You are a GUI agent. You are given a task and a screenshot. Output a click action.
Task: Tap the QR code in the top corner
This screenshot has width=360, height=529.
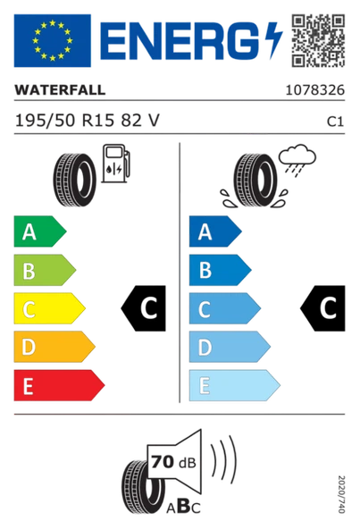318,38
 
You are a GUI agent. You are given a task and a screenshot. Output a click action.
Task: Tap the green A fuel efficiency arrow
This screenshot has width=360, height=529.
38,232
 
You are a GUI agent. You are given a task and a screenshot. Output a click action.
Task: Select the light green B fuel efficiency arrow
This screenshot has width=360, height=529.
43,271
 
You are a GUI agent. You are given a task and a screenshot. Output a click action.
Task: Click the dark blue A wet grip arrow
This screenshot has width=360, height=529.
213,232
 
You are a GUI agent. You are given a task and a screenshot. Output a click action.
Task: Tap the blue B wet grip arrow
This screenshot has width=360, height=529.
218,271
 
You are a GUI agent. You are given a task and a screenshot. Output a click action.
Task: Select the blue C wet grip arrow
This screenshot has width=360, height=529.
222,309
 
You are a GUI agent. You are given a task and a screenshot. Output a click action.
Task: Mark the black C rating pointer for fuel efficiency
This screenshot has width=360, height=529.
145,309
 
